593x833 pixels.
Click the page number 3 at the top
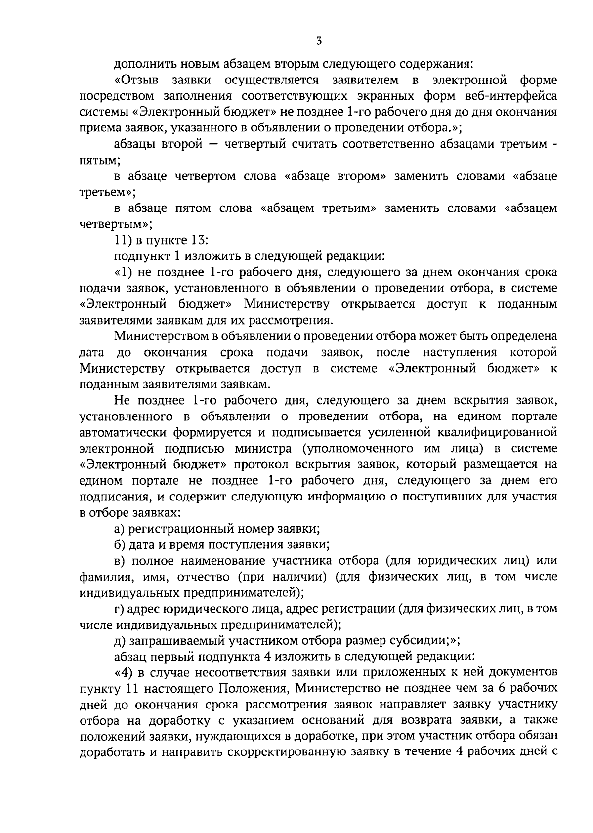[x=319, y=42]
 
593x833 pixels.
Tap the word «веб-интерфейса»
[x=517, y=96]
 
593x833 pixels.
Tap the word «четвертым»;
[x=112, y=225]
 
